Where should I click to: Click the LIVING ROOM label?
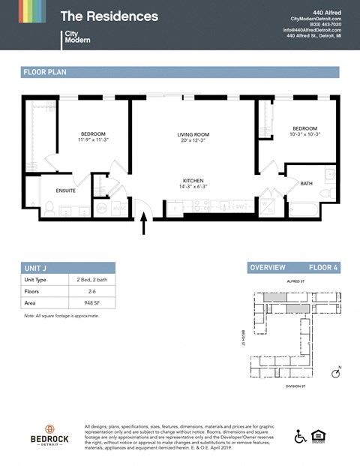pyautogui.click(x=193, y=134)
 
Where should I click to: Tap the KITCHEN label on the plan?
pyautogui.click(x=193, y=180)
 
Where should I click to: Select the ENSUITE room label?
pyautogui.click(x=66, y=191)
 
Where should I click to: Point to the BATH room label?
pyautogui.click(x=306, y=183)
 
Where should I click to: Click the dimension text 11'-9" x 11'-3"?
pyautogui.click(x=94, y=140)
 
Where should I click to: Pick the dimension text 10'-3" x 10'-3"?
pyautogui.click(x=305, y=134)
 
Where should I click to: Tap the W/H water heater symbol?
pyautogui.click(x=100, y=207)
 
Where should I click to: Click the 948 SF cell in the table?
pyautogui.click(x=91, y=303)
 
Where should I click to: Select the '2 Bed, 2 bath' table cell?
pyautogui.click(x=91, y=279)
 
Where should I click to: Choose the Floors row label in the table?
pyautogui.click(x=32, y=291)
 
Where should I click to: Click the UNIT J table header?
pyautogui.click(x=35, y=267)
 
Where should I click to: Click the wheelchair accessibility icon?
pyautogui.click(x=301, y=436)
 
